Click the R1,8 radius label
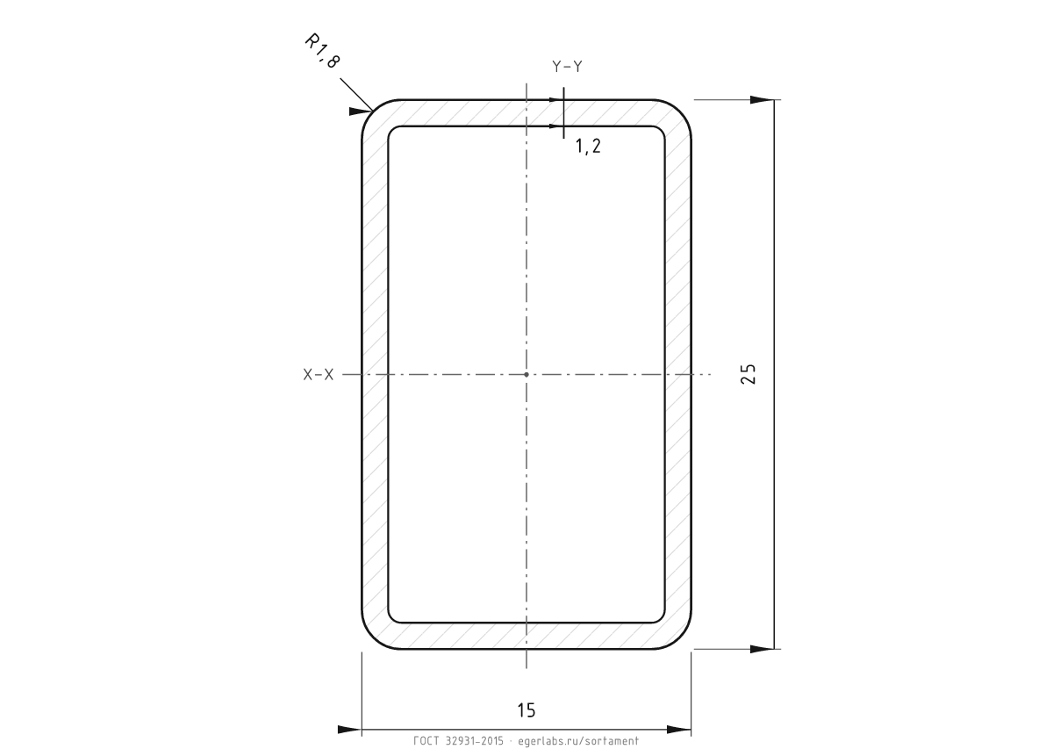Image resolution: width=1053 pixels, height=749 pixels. [323, 51]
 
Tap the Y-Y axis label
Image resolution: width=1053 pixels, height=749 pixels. [567, 67]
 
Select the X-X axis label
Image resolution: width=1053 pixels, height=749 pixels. [319, 374]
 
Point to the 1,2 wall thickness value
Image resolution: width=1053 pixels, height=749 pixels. [588, 147]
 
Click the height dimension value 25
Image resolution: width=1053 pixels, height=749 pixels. [748, 374]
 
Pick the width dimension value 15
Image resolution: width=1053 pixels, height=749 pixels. [526, 710]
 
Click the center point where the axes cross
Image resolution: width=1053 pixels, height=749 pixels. [526, 374]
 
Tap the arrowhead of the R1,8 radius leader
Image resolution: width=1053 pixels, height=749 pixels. [361, 112]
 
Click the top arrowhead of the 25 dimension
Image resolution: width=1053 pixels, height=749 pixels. [762, 100]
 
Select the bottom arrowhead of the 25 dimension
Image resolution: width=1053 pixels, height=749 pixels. [762, 649]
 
